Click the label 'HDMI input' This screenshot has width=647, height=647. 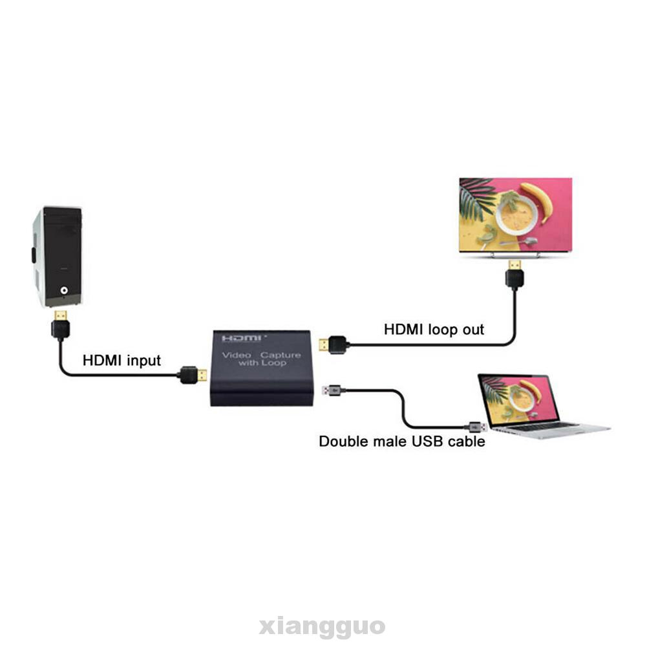(x=122, y=360)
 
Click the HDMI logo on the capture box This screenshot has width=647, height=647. (x=242, y=339)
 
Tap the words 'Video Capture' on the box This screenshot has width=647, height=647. (x=261, y=355)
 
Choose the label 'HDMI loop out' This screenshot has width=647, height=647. (x=434, y=329)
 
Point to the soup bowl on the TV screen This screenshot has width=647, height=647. (x=514, y=214)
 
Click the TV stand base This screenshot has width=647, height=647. (x=514, y=255)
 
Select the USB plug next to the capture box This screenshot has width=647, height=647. (x=332, y=390)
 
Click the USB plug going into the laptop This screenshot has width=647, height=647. (x=476, y=426)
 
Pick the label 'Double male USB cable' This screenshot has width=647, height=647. (x=401, y=442)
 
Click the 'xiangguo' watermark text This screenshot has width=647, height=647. (x=323, y=626)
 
